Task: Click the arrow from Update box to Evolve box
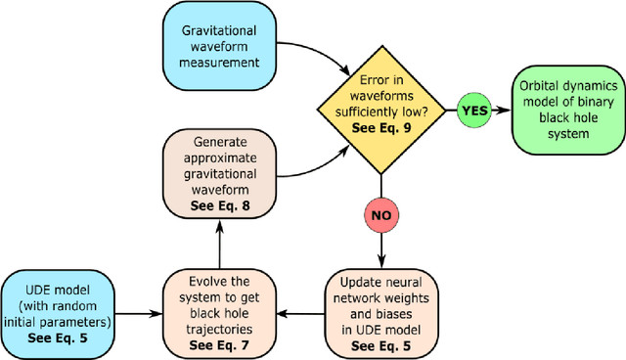point(302,314)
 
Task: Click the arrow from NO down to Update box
point(380,249)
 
